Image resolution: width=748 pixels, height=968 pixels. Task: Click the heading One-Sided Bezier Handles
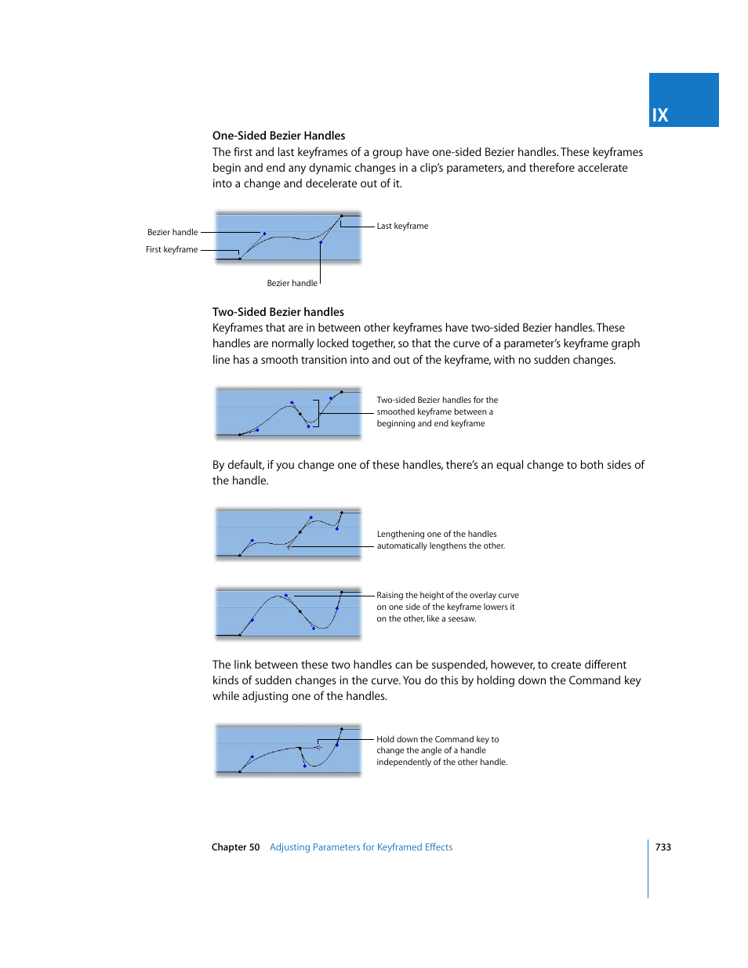click(x=278, y=136)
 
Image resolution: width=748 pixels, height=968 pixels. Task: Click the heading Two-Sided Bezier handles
click(x=278, y=312)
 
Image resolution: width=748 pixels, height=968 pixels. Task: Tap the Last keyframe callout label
click(x=402, y=226)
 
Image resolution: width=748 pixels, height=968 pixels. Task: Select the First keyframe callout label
click(x=172, y=249)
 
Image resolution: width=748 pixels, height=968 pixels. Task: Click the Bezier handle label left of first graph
click(x=172, y=232)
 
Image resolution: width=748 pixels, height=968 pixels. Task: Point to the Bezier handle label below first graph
click(x=292, y=283)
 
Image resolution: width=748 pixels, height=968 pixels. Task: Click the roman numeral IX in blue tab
click(x=660, y=115)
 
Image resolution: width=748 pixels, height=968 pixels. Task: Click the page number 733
click(x=663, y=847)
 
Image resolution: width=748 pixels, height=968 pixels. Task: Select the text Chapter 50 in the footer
click(x=235, y=847)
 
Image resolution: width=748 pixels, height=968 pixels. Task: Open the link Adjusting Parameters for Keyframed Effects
click(x=361, y=847)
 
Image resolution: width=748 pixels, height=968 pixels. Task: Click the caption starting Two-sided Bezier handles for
click(x=437, y=411)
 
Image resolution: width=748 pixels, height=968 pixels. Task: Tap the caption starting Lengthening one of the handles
click(x=440, y=540)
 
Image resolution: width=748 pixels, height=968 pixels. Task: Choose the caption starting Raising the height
click(x=447, y=607)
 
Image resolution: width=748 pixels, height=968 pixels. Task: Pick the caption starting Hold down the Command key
click(x=441, y=750)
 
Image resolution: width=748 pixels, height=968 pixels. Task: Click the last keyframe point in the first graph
click(x=341, y=216)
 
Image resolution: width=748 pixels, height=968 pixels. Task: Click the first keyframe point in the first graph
click(x=239, y=258)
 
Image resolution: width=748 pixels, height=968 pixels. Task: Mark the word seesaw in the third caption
click(x=461, y=618)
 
